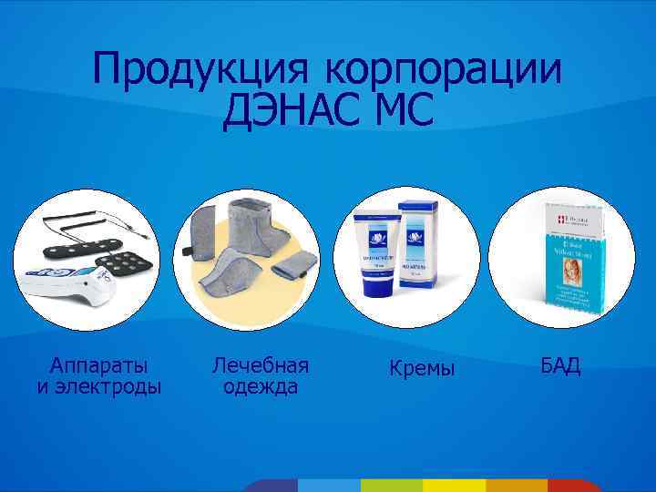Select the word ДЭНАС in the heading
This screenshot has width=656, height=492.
(290, 111)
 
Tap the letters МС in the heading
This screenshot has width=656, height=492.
(401, 111)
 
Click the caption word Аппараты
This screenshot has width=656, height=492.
(99, 365)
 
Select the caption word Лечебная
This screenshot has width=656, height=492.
(261, 365)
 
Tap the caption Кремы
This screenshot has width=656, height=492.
(421, 368)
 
